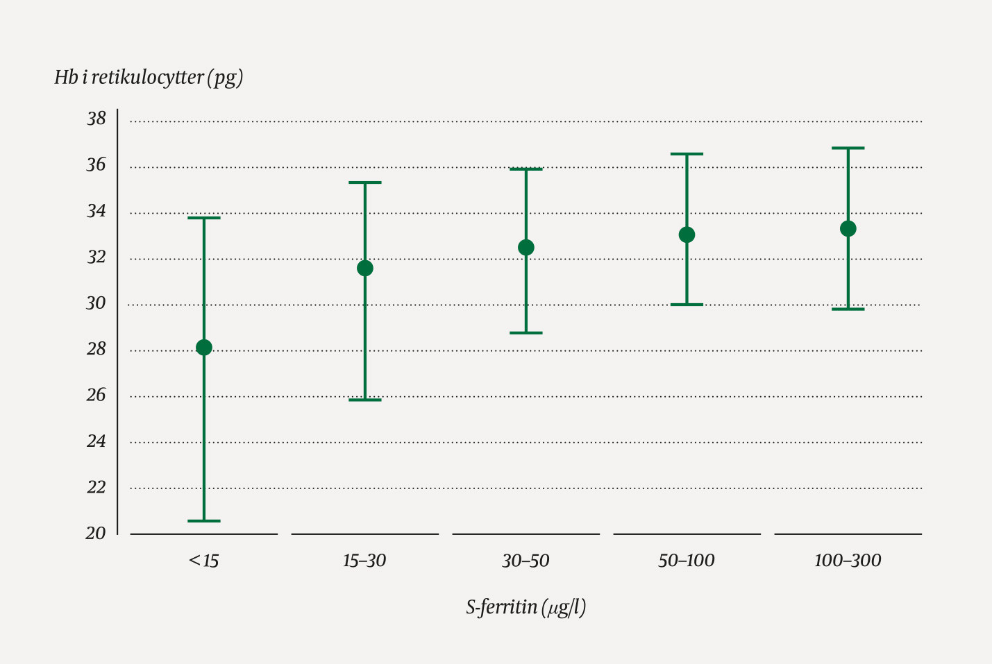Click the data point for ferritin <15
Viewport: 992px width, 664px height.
(x=204, y=348)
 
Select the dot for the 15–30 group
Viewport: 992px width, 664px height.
(x=365, y=269)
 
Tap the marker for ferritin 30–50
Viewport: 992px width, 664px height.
(x=526, y=248)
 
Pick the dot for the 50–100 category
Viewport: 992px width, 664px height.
(x=687, y=235)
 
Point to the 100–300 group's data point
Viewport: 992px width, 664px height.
(x=848, y=229)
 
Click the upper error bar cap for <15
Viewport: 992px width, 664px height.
(x=204, y=218)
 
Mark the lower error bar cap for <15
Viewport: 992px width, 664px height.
(x=204, y=521)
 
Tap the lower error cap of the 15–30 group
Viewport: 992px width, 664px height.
(x=365, y=400)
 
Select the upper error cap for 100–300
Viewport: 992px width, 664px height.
(x=848, y=148)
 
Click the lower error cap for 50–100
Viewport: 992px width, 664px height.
(x=687, y=305)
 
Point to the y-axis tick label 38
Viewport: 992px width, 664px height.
(x=96, y=119)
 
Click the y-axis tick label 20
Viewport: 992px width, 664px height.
(x=96, y=534)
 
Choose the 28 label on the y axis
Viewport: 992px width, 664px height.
(x=96, y=349)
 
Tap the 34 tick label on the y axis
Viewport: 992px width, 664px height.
(x=96, y=211)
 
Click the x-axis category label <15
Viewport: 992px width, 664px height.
(x=203, y=561)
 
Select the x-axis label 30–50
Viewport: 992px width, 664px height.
(x=526, y=561)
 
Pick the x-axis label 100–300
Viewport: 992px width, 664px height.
(x=848, y=561)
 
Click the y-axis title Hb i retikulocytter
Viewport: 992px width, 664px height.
(x=149, y=78)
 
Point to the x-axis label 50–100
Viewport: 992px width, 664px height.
(x=687, y=561)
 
